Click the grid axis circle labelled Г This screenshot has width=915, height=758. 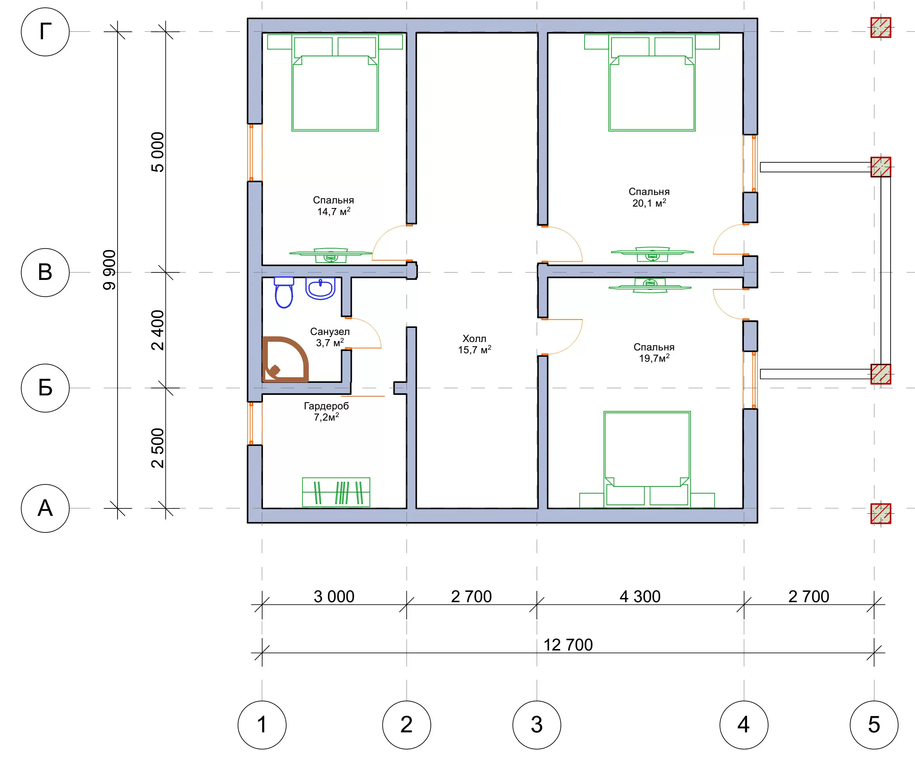45,32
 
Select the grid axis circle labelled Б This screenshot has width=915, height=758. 45,388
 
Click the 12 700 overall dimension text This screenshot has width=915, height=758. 568,645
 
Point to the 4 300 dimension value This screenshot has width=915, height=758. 640,597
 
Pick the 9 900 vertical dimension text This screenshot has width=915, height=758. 109,270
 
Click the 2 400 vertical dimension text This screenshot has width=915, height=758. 157,330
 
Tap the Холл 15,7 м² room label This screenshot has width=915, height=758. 475,344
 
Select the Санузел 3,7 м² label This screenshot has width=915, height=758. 330,337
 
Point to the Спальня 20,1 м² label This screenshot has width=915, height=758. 649,197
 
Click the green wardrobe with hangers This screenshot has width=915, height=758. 336,492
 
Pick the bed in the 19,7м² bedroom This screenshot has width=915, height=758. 647,459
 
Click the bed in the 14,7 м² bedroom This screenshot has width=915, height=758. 335,83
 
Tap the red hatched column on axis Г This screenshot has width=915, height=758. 880,27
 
